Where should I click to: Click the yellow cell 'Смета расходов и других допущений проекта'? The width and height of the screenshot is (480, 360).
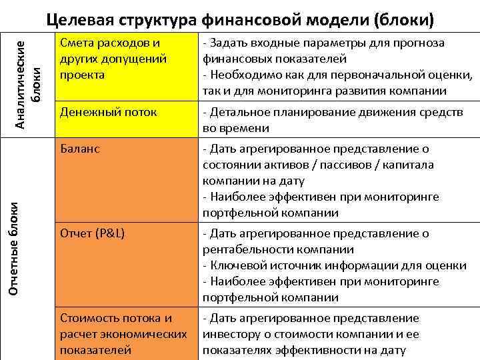tap(111, 59)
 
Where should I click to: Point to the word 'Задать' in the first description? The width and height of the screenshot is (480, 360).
tap(231, 43)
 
